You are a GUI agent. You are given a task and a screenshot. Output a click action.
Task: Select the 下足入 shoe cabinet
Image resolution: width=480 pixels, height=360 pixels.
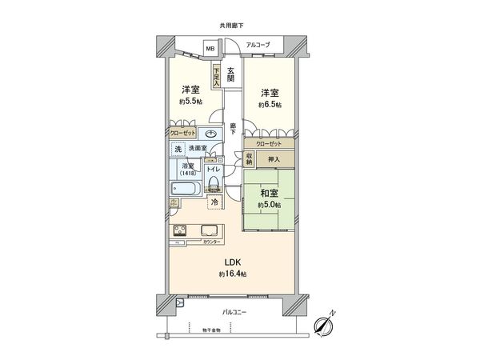coord(216,75)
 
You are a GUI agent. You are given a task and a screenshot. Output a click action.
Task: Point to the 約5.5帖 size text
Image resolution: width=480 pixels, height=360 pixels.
coord(190,102)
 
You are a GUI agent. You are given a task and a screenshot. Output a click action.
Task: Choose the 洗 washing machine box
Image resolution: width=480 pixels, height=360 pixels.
coord(177,150)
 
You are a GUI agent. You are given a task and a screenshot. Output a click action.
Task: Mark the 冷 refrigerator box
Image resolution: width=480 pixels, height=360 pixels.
coord(214,202)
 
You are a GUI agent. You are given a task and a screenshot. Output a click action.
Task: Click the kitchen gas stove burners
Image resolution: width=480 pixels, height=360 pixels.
coord(179,232)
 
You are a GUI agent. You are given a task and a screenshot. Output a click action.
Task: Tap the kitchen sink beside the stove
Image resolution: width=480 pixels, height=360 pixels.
coord(203,232)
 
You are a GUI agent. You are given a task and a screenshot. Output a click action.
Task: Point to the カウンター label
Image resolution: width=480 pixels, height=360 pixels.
coord(211,241)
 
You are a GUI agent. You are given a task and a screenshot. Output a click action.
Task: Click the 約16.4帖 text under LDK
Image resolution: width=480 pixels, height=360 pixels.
coord(233,274)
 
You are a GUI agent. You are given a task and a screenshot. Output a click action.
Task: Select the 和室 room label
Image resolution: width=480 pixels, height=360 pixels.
coord(269,192)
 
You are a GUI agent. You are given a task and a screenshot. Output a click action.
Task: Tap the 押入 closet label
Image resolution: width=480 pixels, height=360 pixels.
coord(274,158)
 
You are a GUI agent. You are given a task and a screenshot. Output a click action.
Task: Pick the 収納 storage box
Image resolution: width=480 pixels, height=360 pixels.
coord(250,158)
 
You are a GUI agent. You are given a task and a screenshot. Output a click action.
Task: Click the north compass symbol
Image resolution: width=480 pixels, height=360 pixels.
coord(325,324)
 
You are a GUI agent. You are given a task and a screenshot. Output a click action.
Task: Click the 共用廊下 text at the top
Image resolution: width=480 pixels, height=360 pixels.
coord(232,26)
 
